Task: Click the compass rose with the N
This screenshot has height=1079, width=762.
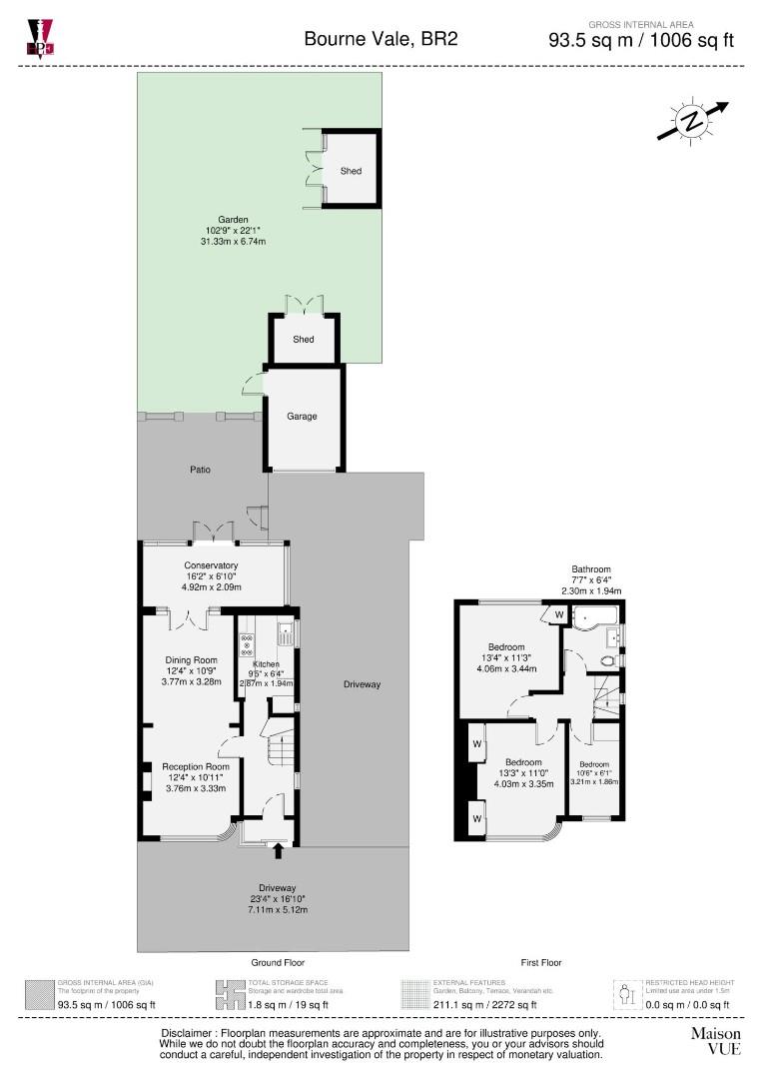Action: click(691, 121)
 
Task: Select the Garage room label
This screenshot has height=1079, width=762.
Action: click(303, 416)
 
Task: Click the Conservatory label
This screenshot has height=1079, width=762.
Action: click(210, 565)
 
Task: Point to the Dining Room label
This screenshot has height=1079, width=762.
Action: click(191, 660)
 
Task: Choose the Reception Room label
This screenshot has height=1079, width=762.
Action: click(190, 766)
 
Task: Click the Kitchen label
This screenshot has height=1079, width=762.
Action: click(267, 664)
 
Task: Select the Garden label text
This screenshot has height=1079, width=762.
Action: click(234, 220)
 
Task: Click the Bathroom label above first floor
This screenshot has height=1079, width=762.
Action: click(591, 569)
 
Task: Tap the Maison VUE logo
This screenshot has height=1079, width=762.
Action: click(716, 1040)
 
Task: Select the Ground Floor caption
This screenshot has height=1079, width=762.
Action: click(278, 962)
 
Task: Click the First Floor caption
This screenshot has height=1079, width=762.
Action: click(540, 962)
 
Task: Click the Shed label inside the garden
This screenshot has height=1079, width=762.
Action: click(351, 171)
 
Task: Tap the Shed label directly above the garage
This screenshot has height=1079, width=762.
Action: click(304, 340)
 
